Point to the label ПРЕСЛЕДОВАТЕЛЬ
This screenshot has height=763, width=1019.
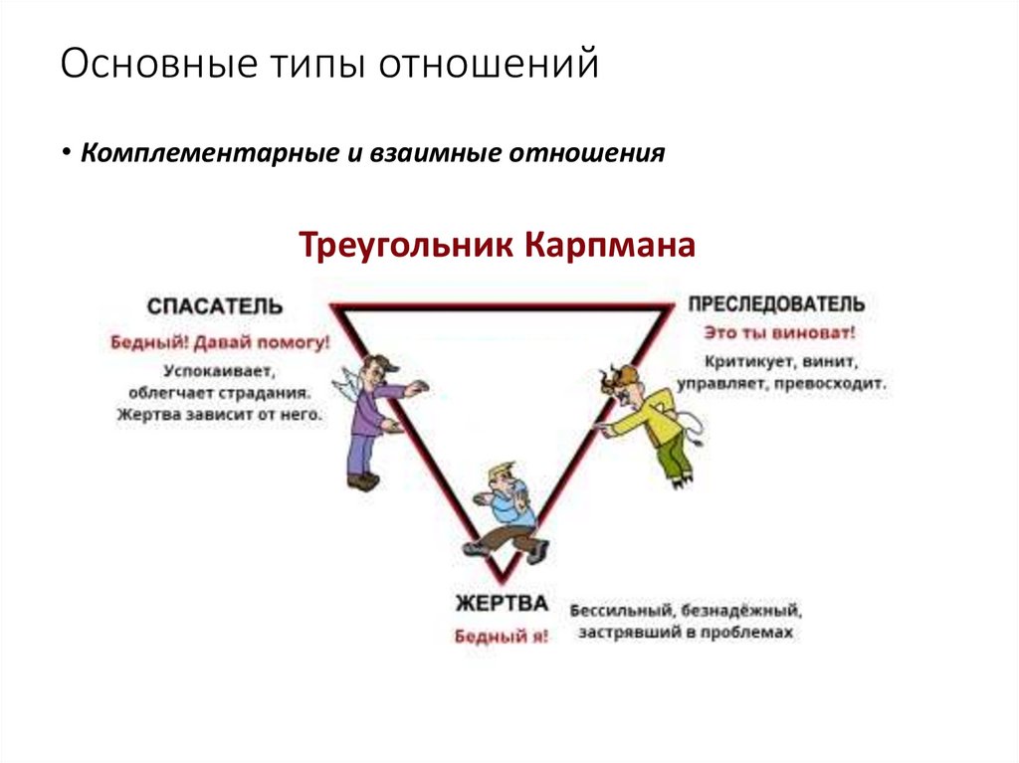(x=775, y=304)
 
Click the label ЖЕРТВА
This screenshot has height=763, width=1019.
(x=502, y=604)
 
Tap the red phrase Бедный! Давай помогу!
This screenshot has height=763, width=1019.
(x=220, y=342)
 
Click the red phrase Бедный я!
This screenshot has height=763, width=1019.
(x=502, y=637)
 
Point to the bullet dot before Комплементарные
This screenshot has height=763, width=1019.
(x=66, y=154)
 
